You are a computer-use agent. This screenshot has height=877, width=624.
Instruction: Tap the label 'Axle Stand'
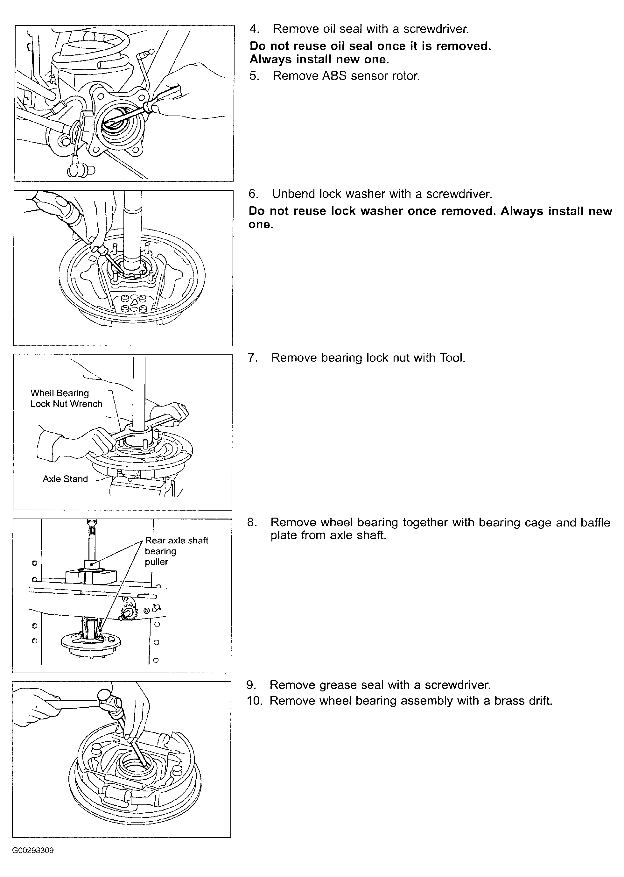(x=65, y=479)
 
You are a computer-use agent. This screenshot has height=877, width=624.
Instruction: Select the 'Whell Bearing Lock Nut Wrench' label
(x=67, y=399)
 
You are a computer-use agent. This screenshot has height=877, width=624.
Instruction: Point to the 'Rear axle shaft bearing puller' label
(x=176, y=551)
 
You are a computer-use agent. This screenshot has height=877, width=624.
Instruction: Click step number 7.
(x=252, y=358)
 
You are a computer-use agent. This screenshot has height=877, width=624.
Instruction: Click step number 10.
(x=255, y=701)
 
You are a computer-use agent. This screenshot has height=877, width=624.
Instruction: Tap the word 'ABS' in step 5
(x=334, y=76)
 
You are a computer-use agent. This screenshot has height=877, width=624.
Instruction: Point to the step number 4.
(x=254, y=29)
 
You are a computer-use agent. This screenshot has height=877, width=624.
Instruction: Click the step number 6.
(x=253, y=194)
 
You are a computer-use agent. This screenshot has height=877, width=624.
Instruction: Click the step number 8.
(x=252, y=522)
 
